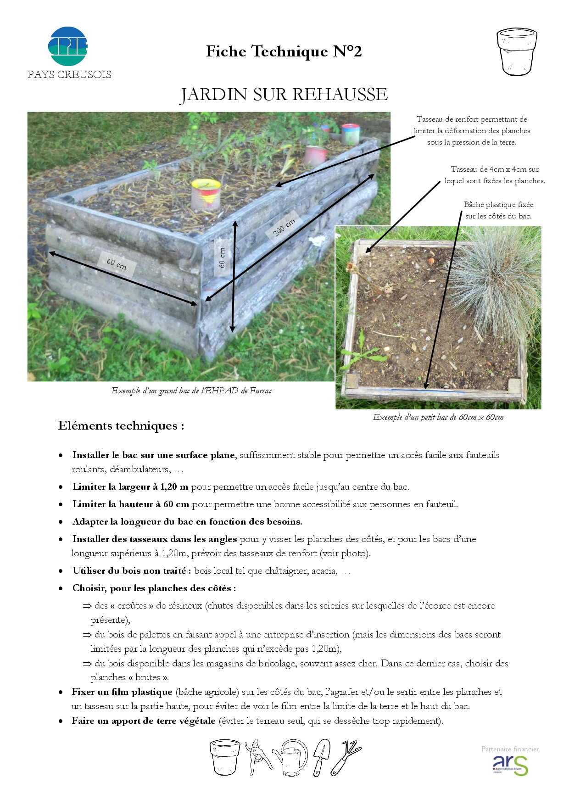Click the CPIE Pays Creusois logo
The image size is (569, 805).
(68, 47)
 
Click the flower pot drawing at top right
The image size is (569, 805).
(517, 51)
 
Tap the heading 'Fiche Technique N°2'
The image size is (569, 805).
(284, 51)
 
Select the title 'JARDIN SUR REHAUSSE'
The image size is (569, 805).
(284, 95)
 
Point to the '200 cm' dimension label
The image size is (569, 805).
(284, 228)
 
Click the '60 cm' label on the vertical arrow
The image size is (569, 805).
(222, 258)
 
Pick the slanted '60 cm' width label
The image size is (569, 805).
(117, 264)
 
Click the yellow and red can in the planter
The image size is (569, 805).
(206, 194)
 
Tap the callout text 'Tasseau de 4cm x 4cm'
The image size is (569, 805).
(495, 169)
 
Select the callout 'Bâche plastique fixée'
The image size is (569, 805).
(498, 205)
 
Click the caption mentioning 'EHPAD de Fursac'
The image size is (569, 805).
(192, 391)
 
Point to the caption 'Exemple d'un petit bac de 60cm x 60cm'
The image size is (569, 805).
(438, 418)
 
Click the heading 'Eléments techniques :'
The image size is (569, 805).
(121, 426)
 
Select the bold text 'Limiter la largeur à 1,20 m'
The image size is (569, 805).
(130, 487)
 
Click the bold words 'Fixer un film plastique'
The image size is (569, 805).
(122, 692)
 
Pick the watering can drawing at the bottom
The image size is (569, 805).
(291, 757)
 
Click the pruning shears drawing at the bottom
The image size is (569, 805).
(258, 757)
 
